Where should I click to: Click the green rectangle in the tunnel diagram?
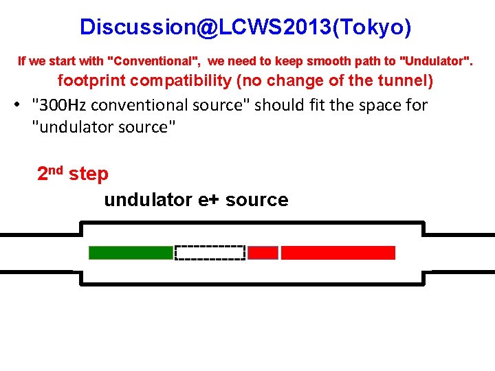coord(131,253)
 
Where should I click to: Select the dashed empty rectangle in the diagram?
coord(210,253)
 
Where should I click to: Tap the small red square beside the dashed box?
coord(263,253)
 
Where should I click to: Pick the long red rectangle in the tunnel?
coord(338,253)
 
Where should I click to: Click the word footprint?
coord(91,80)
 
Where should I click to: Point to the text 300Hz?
coord(65,105)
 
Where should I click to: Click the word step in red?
coord(89,175)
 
